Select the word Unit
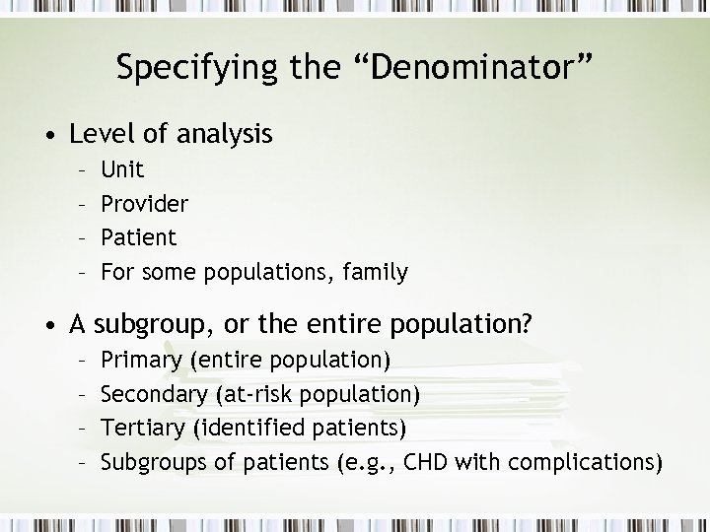(x=122, y=170)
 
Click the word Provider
(x=145, y=204)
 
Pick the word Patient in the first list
(x=139, y=237)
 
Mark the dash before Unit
(x=87, y=171)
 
